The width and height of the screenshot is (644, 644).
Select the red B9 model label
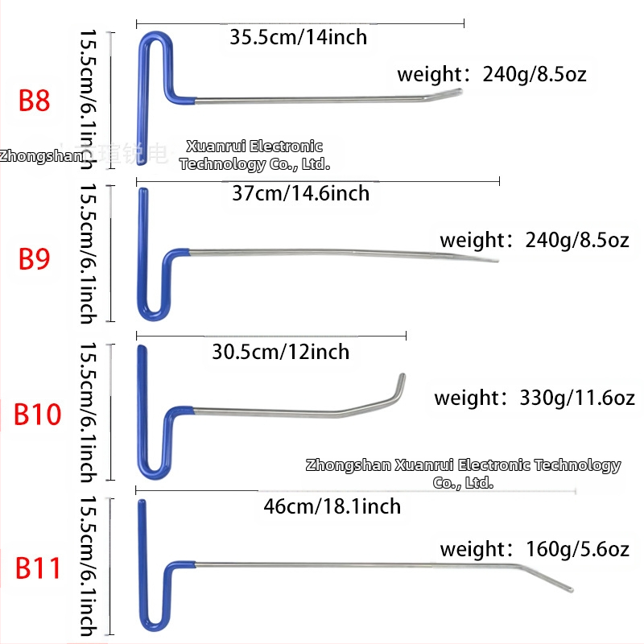pos(35,259)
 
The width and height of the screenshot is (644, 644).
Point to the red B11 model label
pos(39,568)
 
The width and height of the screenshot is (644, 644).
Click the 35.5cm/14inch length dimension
pos(298,36)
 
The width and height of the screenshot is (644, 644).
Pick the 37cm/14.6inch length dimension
pos(300,193)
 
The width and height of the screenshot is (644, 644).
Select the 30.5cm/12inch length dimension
pos(281,352)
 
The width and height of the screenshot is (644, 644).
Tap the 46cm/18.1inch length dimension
pos(332,506)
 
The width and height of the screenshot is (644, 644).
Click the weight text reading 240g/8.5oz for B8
pos(492,75)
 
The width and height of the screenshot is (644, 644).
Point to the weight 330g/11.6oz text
pos(535,398)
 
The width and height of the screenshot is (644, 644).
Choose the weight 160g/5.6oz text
pos(535,550)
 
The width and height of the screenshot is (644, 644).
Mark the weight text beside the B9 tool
pos(535,240)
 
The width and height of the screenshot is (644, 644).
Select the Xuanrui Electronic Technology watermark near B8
pos(254,155)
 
